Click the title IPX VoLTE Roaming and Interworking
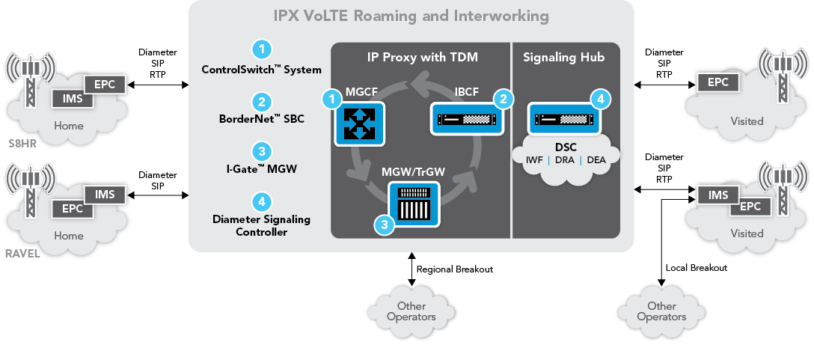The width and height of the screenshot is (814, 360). (x=411, y=16)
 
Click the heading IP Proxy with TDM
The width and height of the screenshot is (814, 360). (x=422, y=57)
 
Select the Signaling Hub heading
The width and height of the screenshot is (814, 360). (x=564, y=57)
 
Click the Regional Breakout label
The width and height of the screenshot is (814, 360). (x=454, y=269)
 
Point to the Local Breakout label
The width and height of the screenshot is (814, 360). (x=697, y=267)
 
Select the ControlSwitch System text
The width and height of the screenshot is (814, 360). (x=261, y=70)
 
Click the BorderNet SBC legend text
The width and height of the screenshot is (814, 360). (x=261, y=119)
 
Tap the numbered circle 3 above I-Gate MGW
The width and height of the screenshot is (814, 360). (x=261, y=150)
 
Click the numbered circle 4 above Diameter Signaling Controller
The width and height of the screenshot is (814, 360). (x=261, y=201)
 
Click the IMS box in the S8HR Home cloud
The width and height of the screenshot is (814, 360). (x=71, y=98)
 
